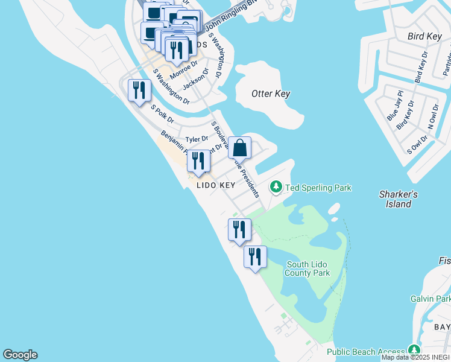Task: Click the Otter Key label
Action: [x=271, y=94]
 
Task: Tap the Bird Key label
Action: [x=425, y=36]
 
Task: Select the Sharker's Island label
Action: [x=399, y=199]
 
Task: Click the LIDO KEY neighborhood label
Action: [x=215, y=186]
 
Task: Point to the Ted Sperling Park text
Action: [x=318, y=188]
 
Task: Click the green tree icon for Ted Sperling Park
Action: [x=276, y=187]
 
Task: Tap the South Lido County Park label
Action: [x=307, y=268]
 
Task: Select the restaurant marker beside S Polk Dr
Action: [x=139, y=91]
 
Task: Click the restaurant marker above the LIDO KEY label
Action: [x=198, y=161]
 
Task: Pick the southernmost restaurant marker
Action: [x=255, y=257]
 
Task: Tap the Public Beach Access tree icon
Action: [x=414, y=350]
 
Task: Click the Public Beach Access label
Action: [x=366, y=352]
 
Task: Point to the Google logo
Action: [x=20, y=355]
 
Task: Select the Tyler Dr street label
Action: [x=197, y=139]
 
